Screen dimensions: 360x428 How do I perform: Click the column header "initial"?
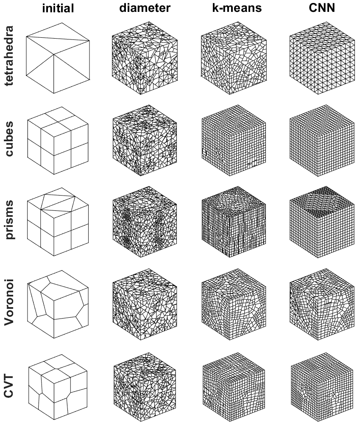[58, 8]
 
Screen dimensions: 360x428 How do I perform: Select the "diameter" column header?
[145, 8]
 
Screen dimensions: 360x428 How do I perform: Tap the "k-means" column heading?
[237, 8]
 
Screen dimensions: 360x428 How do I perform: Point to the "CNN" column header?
[322, 8]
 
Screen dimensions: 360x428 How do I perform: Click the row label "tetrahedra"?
[9, 56]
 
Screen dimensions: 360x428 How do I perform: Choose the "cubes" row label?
[9, 139]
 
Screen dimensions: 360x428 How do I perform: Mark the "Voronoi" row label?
[9, 302]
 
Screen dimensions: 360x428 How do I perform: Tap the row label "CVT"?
[9, 386]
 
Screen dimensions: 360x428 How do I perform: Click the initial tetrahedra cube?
[58, 58]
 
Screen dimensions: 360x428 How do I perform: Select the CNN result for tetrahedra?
[322, 58]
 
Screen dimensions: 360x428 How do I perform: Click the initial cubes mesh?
[58, 140]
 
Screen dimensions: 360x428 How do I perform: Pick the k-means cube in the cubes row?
[234, 140]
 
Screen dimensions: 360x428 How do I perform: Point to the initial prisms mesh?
[58, 222]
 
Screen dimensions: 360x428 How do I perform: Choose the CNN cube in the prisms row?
[322, 222]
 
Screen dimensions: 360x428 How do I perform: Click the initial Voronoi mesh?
[58, 304]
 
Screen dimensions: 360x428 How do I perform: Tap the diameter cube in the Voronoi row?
[145, 304]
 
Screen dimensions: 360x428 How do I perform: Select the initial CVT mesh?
[58, 387]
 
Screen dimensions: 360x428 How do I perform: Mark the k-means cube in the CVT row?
[234, 387]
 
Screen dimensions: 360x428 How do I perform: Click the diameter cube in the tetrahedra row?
[145, 58]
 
